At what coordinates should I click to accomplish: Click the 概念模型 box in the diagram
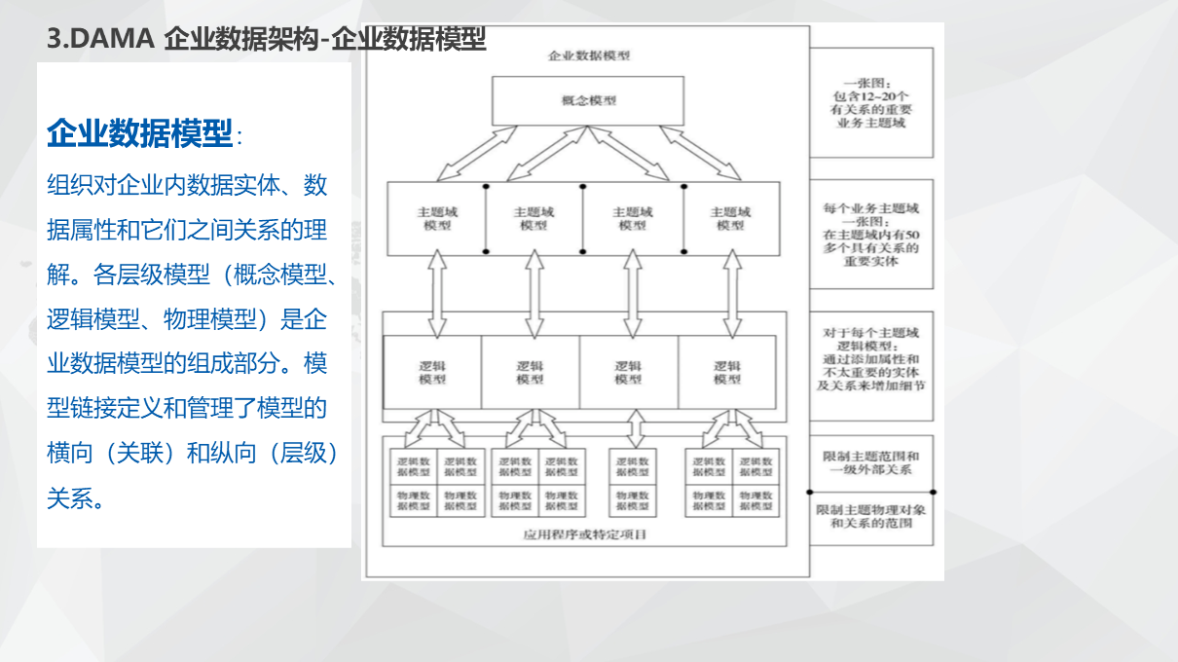[588, 100]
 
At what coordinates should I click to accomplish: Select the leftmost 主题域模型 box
[436, 218]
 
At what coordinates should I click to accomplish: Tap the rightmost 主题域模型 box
[730, 218]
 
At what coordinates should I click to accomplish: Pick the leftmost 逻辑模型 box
[432, 373]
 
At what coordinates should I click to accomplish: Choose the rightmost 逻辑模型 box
[726, 373]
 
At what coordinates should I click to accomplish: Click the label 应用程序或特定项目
[585, 534]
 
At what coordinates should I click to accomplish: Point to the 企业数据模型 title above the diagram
[589, 55]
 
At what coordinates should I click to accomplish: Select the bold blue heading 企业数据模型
[139, 133]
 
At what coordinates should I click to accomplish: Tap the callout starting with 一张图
[870, 103]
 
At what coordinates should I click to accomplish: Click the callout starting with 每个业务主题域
[870, 235]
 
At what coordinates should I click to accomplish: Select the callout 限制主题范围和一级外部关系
[870, 462]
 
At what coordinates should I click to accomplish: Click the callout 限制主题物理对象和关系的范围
[870, 517]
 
